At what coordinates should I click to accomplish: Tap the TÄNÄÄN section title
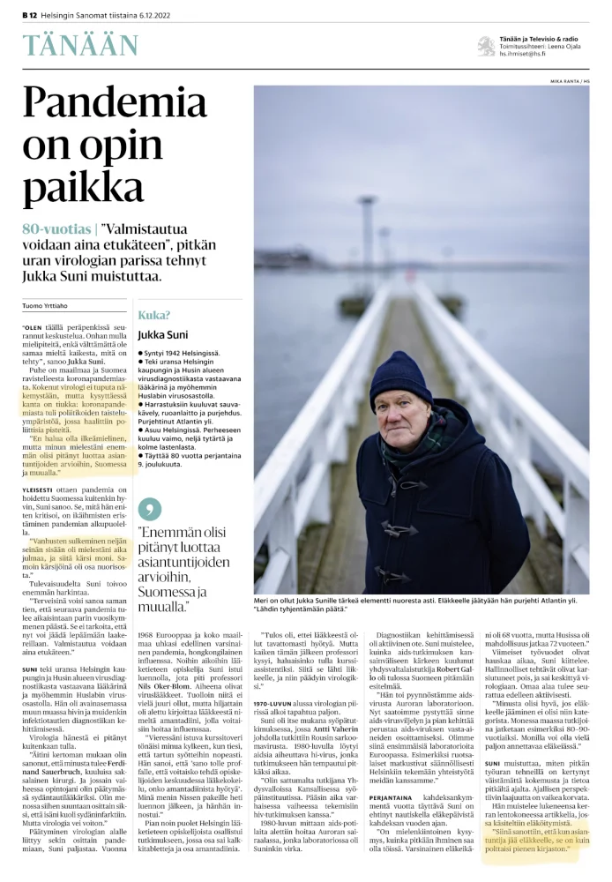coord(80,45)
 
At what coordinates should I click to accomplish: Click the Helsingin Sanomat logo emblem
coord(486,46)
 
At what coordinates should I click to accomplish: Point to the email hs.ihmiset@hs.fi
coord(522,55)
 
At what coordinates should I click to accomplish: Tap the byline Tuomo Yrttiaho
coord(48,306)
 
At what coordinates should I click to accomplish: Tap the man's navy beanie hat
coord(400,376)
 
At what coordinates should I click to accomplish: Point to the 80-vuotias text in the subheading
coord(55,229)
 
